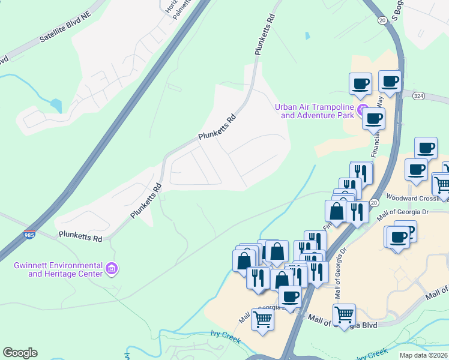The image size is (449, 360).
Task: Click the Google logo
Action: coord(20,353)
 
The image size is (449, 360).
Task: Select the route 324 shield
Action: coord(419,96)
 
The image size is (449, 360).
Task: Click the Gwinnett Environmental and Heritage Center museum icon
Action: coord(110,269)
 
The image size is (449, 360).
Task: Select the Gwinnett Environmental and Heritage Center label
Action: coord(58,269)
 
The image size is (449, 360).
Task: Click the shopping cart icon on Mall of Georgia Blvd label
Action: coord(344,314)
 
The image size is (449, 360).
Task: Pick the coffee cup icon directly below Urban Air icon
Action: coord(373,118)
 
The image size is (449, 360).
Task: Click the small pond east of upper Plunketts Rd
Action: coord(307,35)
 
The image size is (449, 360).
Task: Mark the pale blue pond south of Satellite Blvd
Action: coord(56,106)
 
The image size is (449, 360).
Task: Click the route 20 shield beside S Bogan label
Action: coord(382,20)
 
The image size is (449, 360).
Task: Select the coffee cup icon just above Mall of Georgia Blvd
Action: coord(291,296)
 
